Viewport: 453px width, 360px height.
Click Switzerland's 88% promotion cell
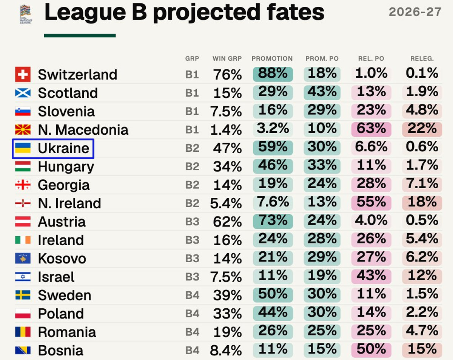pyautogui.click(x=273, y=74)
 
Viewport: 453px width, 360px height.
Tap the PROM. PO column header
pyautogui.click(x=322, y=58)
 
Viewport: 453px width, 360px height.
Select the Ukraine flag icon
pyautogui.click(x=23, y=148)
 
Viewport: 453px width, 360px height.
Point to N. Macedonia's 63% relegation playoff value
pyautogui.click(x=371, y=129)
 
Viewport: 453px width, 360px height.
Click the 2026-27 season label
pyautogui.click(x=415, y=12)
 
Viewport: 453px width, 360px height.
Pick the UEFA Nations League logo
pyautogui.click(x=26, y=14)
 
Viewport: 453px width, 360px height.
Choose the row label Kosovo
pyautogui.click(x=62, y=258)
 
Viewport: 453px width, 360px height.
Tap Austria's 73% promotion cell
pyautogui.click(x=273, y=222)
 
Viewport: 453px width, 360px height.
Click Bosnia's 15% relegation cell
pyautogui.click(x=422, y=350)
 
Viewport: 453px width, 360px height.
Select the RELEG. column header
pyautogui.click(x=422, y=58)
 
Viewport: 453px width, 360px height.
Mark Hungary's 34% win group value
pyautogui.click(x=227, y=167)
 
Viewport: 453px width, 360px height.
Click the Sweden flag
pyautogui.click(x=23, y=295)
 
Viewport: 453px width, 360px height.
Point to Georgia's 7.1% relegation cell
pyautogui.click(x=422, y=185)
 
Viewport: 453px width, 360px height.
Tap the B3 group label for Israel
pyautogui.click(x=192, y=277)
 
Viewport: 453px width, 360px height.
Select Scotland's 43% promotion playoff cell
pyautogui.click(x=322, y=92)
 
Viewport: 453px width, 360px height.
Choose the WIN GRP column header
pyautogui.click(x=227, y=58)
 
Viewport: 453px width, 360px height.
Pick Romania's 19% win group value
pyautogui.click(x=228, y=332)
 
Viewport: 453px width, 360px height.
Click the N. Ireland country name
pyautogui.click(x=69, y=203)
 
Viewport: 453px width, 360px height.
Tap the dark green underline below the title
pyautogui.click(x=80, y=35)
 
